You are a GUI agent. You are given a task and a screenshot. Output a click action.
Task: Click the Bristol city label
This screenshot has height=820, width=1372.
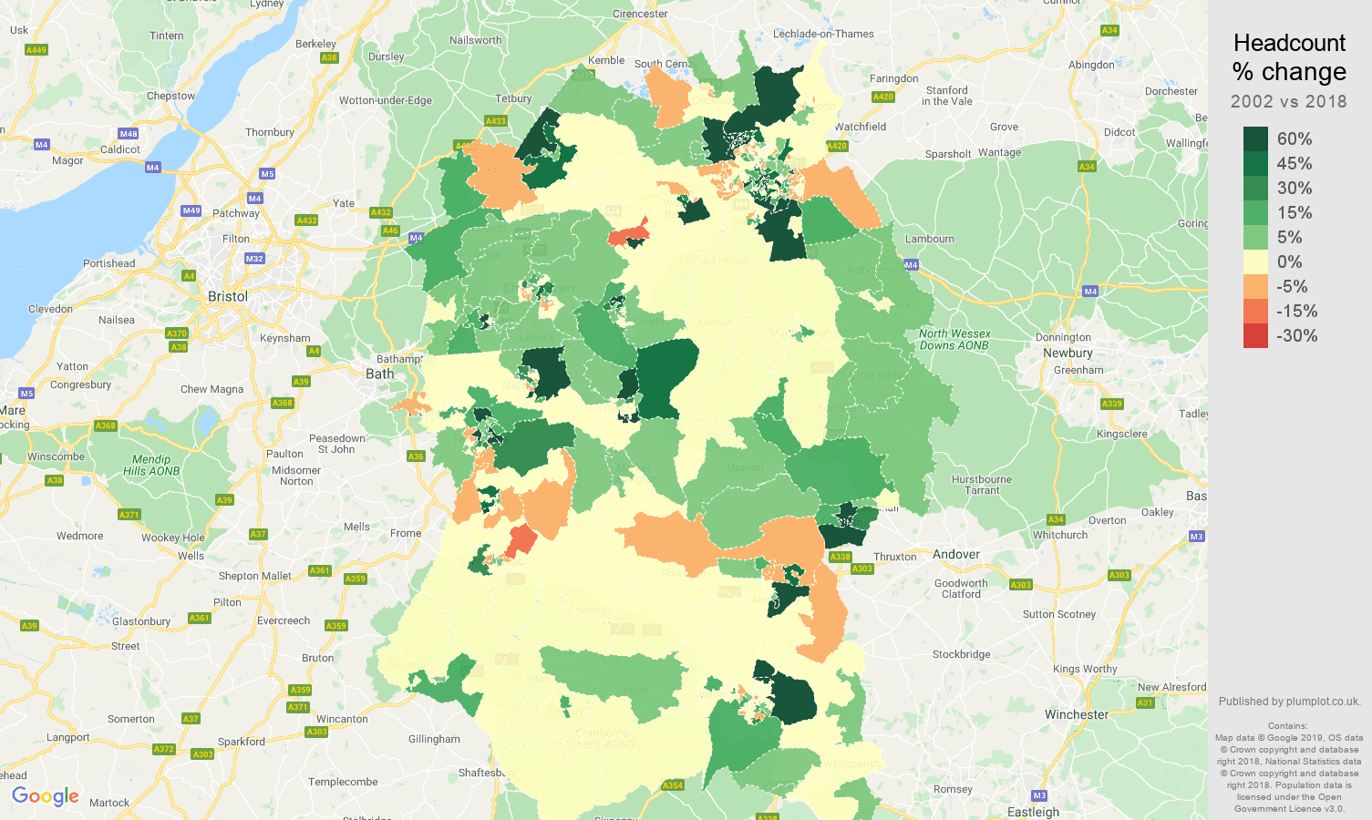pyautogui.click(x=227, y=297)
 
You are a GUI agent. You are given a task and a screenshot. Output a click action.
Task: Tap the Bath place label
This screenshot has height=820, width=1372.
pyautogui.click(x=380, y=374)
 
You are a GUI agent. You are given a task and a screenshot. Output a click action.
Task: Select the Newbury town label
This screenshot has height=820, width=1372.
pyautogui.click(x=1068, y=354)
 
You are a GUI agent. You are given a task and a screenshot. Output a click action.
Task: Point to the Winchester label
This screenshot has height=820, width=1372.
pyautogui.click(x=1077, y=715)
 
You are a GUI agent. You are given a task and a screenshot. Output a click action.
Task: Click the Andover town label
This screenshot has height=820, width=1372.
pyautogui.click(x=955, y=555)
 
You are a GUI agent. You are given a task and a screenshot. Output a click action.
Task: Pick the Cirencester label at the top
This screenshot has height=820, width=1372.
pyautogui.click(x=640, y=14)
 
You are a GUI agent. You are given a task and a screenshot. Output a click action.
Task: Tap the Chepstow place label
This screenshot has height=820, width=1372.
pyautogui.click(x=170, y=96)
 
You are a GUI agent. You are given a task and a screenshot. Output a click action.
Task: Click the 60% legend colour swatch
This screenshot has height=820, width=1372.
pyautogui.click(x=1255, y=138)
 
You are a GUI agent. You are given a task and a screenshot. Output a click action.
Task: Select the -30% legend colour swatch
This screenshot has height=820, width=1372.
pyautogui.click(x=1255, y=335)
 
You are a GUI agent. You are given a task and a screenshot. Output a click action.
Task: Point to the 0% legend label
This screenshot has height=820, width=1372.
pyautogui.click(x=1289, y=261)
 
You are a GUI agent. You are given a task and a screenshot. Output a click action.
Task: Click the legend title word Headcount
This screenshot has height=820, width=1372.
pyautogui.click(x=1289, y=43)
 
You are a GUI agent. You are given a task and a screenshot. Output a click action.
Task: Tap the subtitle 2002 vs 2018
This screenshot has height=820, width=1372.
pyautogui.click(x=1288, y=101)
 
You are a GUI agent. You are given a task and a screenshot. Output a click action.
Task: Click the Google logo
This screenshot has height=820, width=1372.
pyautogui.click(x=46, y=796)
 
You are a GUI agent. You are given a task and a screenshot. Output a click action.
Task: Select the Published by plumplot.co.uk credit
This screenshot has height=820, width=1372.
pyautogui.click(x=1289, y=702)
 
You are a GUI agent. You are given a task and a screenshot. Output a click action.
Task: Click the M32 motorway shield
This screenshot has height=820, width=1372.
pyautogui.click(x=254, y=259)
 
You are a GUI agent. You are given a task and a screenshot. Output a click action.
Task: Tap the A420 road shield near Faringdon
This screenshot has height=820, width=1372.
pyautogui.click(x=882, y=97)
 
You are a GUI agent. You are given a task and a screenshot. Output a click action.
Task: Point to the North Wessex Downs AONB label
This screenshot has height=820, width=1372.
pyautogui.click(x=954, y=340)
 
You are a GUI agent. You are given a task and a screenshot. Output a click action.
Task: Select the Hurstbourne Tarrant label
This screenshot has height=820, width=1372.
pyautogui.click(x=982, y=485)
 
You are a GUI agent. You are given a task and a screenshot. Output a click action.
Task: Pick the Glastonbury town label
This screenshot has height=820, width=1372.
pyautogui.click(x=141, y=621)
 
